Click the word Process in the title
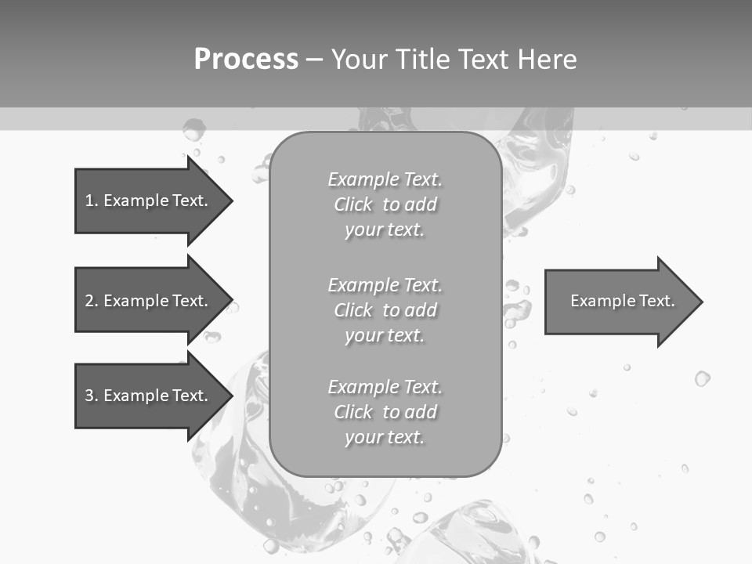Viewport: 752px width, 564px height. click(246, 60)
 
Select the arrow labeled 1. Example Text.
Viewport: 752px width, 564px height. click(149, 201)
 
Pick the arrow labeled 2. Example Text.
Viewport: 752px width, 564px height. click(149, 301)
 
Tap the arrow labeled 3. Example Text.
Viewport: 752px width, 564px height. click(149, 396)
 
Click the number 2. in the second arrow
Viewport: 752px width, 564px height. click(92, 301)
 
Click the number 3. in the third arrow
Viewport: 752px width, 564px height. click(92, 396)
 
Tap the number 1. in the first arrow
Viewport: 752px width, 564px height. click(91, 201)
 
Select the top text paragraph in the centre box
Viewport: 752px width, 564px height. click(385, 204)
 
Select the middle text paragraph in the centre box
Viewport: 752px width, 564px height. click(385, 310)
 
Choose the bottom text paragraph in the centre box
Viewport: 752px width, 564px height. click(385, 412)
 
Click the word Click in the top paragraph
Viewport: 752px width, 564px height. click(353, 204)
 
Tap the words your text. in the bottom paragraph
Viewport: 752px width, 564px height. click(385, 437)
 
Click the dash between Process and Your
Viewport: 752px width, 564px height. click(314, 60)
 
